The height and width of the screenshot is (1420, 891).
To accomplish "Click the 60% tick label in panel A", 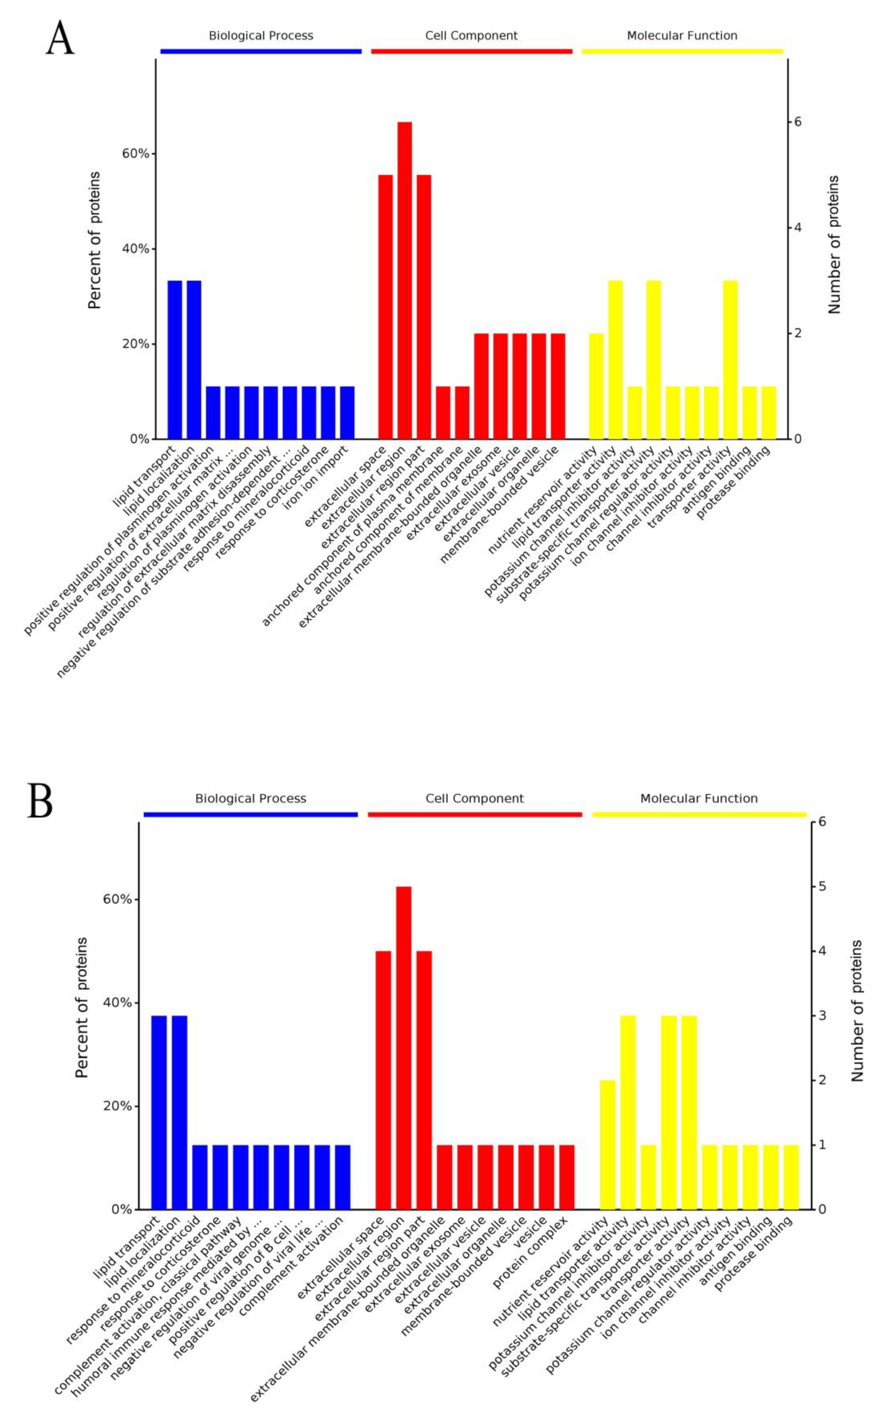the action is click(x=136, y=154).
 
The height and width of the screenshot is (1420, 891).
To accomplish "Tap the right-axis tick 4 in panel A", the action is click(x=798, y=227).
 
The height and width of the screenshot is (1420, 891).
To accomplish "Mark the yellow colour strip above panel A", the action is click(x=683, y=51).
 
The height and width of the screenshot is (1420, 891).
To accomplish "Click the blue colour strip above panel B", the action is click(x=250, y=815).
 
